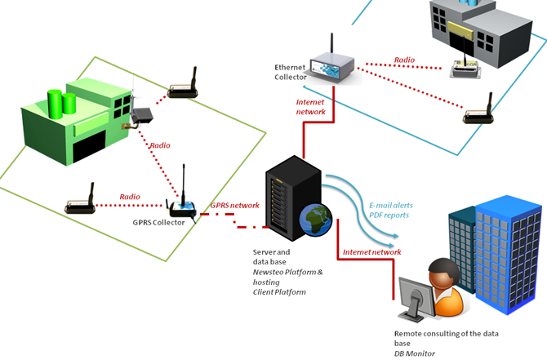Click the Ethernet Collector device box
333,68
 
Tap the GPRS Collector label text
158,223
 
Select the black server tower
294,198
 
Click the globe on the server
316,220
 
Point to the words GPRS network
235,206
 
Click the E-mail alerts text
391,206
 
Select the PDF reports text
389,216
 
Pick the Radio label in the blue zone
404,60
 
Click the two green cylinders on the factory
62,104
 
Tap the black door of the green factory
89,146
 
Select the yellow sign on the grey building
460,30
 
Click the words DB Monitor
415,353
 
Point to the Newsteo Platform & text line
288,272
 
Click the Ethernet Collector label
291,72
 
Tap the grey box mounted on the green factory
142,115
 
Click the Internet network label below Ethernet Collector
310,107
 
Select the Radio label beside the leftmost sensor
130,197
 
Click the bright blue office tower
508,255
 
